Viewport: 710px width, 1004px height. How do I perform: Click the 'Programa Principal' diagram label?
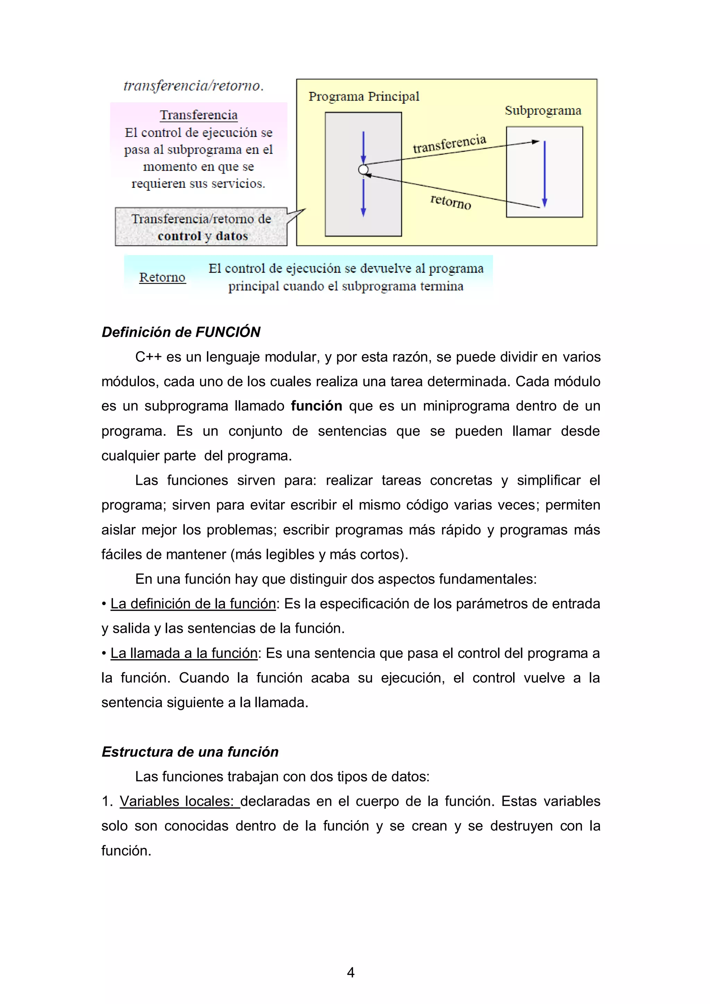364,96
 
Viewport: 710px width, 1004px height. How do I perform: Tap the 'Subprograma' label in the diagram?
543,111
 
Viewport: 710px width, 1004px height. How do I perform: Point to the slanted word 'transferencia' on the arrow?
449,144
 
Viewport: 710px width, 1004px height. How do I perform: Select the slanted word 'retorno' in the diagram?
451,202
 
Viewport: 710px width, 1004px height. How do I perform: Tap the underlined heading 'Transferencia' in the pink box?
199,115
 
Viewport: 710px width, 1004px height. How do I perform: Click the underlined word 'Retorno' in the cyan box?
162,277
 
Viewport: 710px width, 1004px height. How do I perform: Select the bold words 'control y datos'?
202,236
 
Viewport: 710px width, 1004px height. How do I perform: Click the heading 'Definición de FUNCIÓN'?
181,332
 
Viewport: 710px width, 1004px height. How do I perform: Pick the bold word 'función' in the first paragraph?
316,406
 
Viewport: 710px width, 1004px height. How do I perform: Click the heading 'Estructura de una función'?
190,752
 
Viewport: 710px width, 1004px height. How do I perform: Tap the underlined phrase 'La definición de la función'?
193,603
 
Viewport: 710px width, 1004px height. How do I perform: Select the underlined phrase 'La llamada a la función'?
184,653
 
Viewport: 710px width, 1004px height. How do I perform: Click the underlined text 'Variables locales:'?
179,801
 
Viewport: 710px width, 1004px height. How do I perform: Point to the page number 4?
350,972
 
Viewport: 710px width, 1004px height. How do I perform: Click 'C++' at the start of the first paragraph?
148,357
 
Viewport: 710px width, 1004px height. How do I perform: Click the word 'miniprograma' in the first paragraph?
466,406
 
